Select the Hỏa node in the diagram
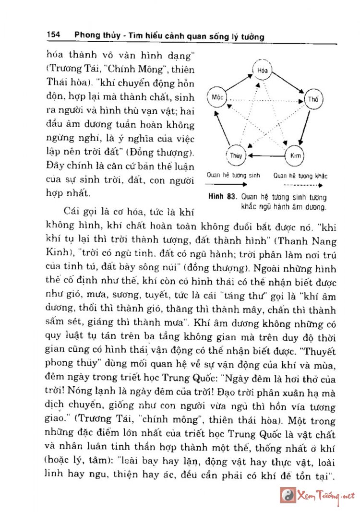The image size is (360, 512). pos(262,70)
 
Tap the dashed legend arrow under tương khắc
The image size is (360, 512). pos(301,184)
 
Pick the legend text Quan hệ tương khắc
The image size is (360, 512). pos(300,176)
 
